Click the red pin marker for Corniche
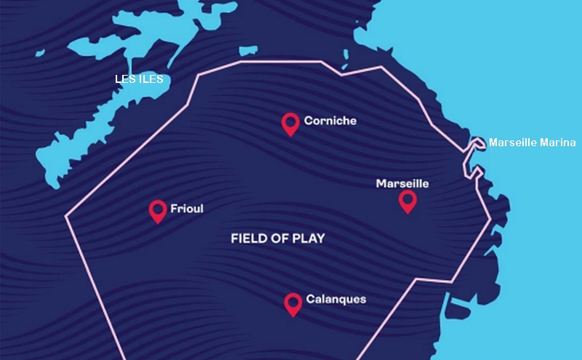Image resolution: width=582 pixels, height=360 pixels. click(x=291, y=124)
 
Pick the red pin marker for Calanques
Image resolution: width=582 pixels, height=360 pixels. click(x=293, y=304)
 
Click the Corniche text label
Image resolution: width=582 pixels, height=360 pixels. click(x=330, y=121)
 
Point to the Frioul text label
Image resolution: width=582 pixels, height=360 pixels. click(x=186, y=209)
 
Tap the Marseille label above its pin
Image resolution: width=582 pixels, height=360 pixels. click(x=402, y=183)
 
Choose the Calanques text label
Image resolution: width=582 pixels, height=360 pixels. click(x=336, y=299)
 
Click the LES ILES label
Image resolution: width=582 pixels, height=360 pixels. click(x=139, y=79)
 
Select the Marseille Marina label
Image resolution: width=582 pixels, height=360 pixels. click(x=532, y=143)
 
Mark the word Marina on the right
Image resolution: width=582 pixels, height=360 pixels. click(x=558, y=143)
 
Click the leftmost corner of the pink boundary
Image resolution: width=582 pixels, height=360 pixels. click(x=66, y=215)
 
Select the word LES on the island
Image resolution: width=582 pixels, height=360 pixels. click(x=125, y=79)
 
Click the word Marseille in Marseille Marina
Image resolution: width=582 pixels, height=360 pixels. click(x=513, y=143)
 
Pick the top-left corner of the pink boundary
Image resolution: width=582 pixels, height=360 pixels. click(x=199, y=73)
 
